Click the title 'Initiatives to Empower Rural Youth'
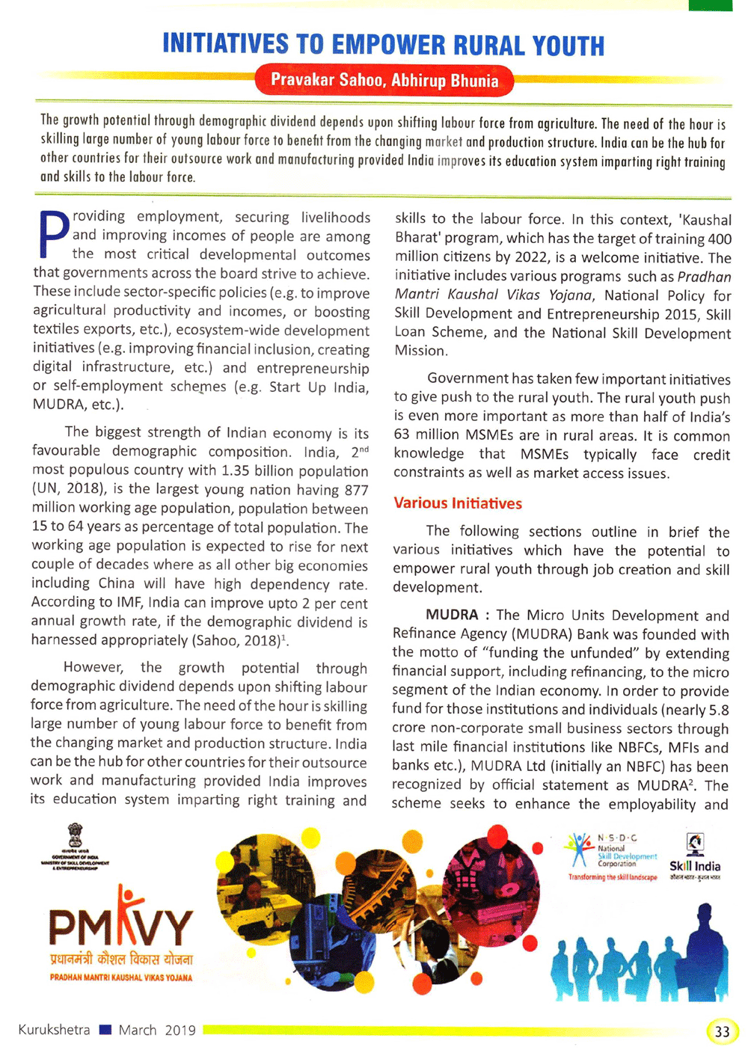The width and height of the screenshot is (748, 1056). click(x=383, y=45)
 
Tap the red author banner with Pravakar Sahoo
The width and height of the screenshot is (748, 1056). click(x=384, y=80)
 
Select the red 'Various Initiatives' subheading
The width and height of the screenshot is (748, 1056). click(x=458, y=503)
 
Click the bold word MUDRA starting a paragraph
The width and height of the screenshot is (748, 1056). click(x=452, y=615)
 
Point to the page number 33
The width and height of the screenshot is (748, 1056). click(x=721, y=1031)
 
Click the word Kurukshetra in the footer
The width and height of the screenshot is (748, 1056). click(x=54, y=1030)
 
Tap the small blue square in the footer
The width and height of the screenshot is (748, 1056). click(x=105, y=1030)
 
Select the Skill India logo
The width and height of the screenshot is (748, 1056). click(x=695, y=856)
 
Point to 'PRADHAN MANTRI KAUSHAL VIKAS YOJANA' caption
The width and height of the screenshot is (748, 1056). click(x=121, y=977)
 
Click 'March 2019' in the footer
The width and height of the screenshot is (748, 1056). click(x=157, y=1030)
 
